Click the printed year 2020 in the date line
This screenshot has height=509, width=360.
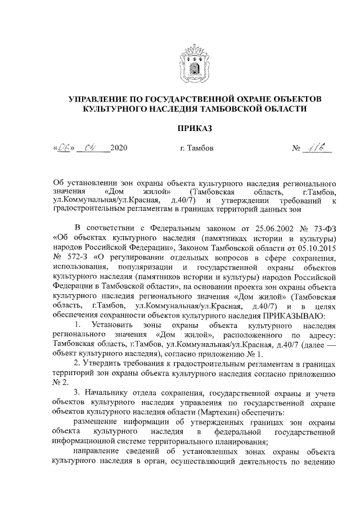coord(119,149)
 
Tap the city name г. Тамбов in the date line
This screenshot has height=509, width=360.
coord(196,149)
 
